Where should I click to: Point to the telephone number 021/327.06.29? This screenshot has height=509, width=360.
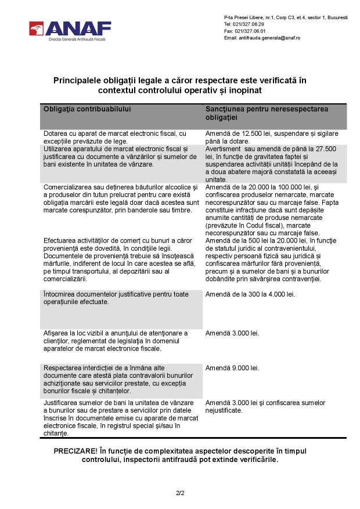248,24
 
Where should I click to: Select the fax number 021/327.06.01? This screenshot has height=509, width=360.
249,31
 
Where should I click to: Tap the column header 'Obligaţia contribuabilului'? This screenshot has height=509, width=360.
87,109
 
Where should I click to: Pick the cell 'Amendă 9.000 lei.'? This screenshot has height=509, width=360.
232,369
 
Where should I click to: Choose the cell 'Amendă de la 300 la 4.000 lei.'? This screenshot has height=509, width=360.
250,294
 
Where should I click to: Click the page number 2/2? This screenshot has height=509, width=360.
180,493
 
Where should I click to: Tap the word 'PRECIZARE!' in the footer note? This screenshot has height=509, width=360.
75,451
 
